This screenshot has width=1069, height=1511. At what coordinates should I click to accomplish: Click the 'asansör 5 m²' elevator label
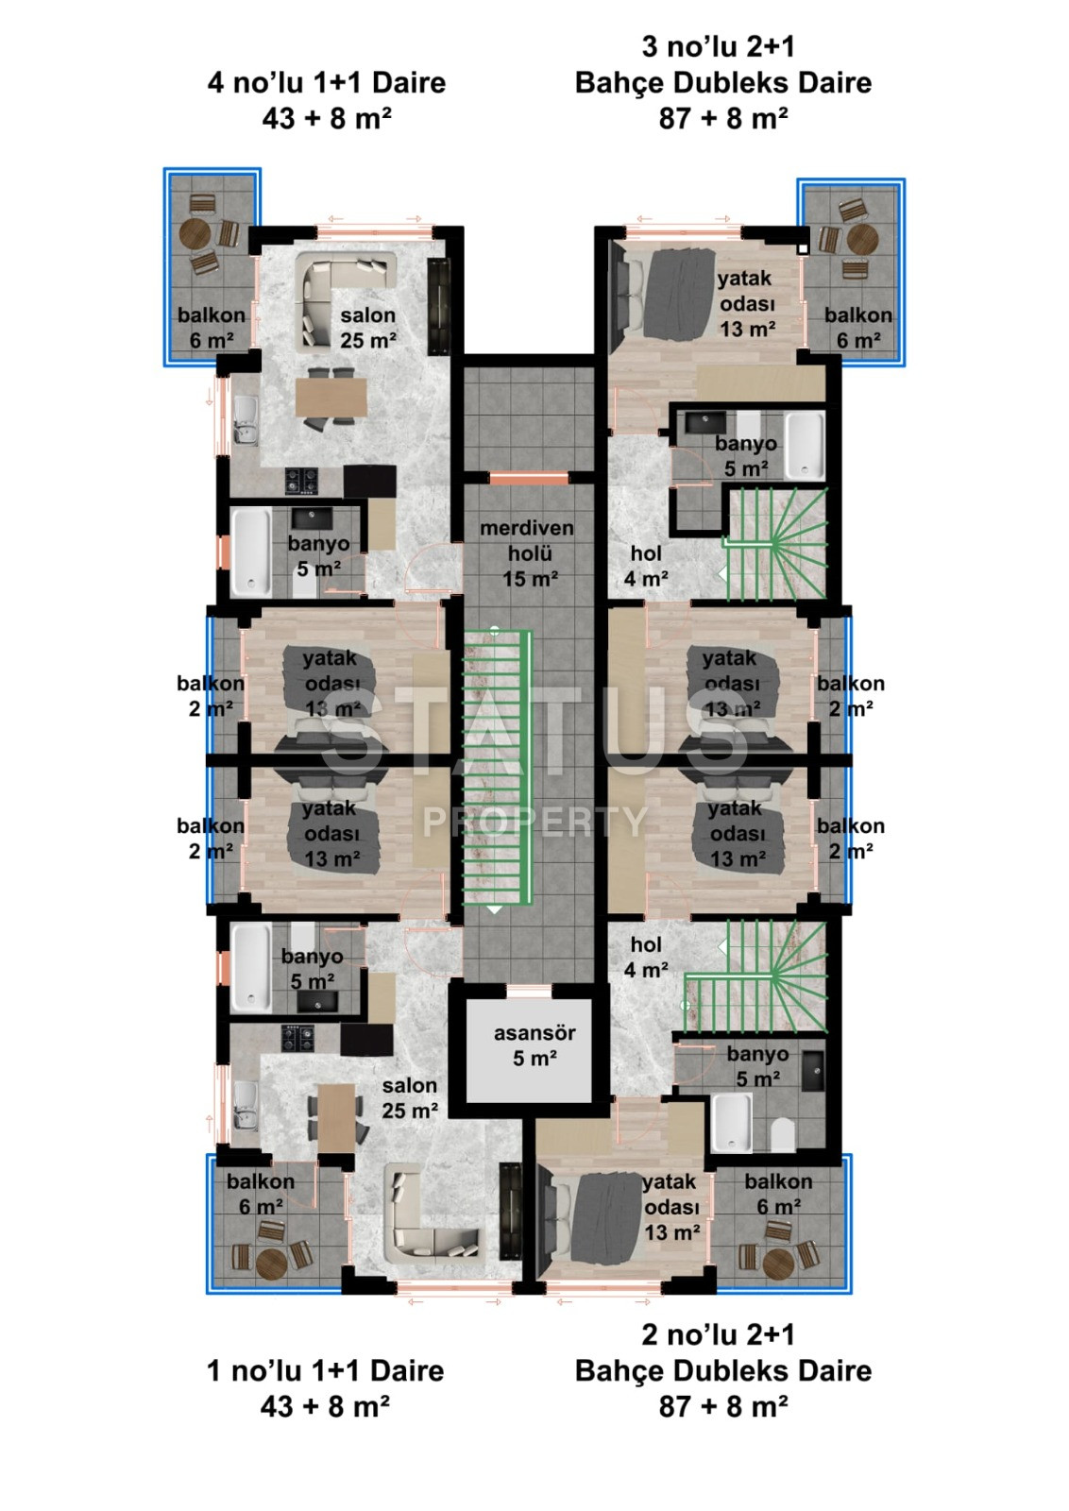click(x=534, y=1046)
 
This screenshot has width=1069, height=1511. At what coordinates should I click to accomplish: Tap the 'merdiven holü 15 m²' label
click(x=527, y=553)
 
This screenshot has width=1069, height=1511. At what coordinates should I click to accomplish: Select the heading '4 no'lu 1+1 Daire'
click(x=326, y=82)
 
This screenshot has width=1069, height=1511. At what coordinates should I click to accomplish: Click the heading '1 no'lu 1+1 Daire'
click(x=325, y=1370)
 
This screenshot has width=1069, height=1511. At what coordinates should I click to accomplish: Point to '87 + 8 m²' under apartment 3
click(x=723, y=118)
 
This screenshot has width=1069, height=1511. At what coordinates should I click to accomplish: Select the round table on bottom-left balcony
click(x=271, y=1263)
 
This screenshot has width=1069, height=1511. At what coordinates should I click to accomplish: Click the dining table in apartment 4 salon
click(x=330, y=397)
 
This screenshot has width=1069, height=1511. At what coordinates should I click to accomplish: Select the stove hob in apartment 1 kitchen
click(x=300, y=1038)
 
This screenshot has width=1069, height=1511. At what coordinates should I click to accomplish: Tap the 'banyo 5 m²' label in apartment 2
click(x=757, y=1065)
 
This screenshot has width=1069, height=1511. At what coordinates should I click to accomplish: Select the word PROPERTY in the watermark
click(x=534, y=822)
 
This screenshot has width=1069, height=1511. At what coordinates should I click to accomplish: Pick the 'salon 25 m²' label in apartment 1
click(x=410, y=1097)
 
